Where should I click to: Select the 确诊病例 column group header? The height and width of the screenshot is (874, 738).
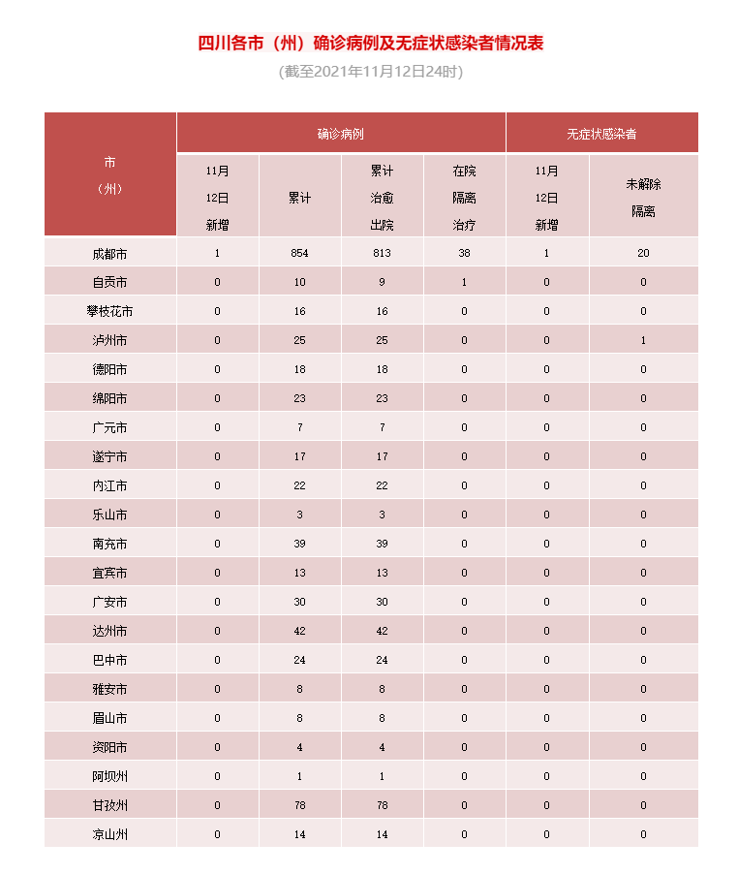(341, 133)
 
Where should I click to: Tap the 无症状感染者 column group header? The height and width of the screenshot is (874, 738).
(601, 133)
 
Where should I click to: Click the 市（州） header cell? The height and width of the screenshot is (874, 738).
(110, 175)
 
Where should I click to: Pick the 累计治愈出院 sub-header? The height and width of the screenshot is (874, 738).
(382, 198)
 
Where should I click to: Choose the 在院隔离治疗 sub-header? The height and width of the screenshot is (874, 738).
(465, 198)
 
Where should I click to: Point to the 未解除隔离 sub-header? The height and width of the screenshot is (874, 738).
(643, 198)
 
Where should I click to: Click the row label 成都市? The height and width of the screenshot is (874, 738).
(110, 253)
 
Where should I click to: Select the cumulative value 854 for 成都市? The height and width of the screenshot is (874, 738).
(300, 253)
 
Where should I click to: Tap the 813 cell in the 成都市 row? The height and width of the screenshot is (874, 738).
(382, 253)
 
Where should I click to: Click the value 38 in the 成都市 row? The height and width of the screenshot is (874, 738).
(465, 253)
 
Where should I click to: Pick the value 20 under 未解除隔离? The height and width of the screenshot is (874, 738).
(643, 253)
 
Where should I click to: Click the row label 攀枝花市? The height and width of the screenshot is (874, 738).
(110, 311)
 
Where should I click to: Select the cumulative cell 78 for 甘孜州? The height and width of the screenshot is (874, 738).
(300, 805)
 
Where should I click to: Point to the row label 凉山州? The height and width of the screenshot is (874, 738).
(110, 834)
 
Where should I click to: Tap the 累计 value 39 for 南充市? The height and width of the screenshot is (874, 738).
(300, 544)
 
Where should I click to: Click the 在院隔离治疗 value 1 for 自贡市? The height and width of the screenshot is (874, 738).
(465, 282)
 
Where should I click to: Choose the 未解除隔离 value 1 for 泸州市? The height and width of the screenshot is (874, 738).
(643, 340)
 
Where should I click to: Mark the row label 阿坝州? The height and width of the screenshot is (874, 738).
(110, 776)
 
